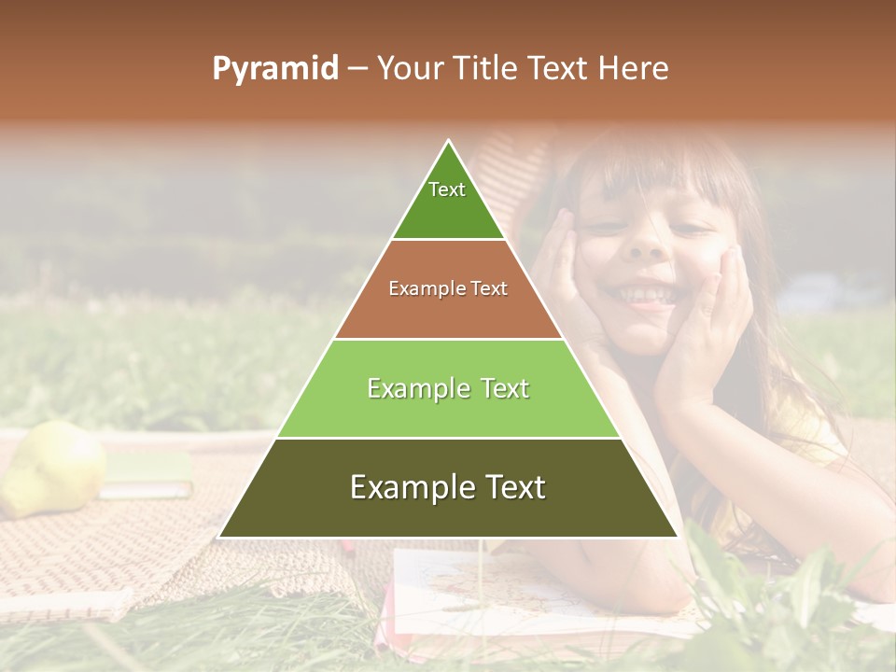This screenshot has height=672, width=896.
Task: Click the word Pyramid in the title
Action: pyautogui.click(x=275, y=69)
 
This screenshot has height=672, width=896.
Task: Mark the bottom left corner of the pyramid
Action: pyautogui.click(x=219, y=537)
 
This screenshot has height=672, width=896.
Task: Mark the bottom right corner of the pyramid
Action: pyautogui.click(x=678, y=537)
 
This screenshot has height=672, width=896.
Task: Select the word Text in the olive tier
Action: pyautogui.click(x=509, y=487)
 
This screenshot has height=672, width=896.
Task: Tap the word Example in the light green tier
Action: pyautogui.click(x=411, y=388)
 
